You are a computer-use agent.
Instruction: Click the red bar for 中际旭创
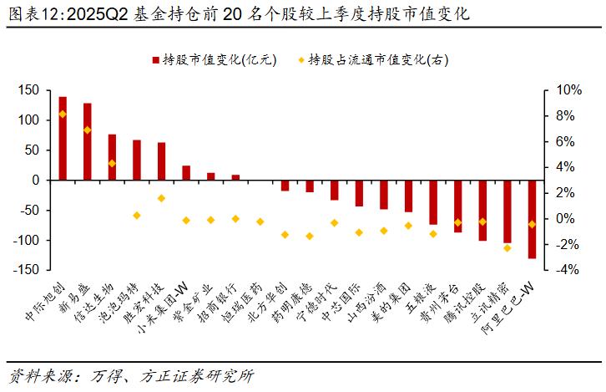click(63, 138)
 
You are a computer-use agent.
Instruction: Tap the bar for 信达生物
click(112, 157)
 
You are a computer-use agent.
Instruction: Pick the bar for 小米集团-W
click(186, 173)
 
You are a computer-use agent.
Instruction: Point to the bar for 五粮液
click(432, 202)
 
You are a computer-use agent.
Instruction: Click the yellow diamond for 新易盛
click(87, 130)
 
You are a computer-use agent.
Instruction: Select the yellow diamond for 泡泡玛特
click(136, 216)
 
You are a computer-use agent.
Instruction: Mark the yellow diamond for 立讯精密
click(506, 248)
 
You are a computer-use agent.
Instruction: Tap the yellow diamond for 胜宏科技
click(161, 198)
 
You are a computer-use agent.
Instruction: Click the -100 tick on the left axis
click(27, 241)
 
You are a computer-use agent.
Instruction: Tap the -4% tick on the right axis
click(566, 270)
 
